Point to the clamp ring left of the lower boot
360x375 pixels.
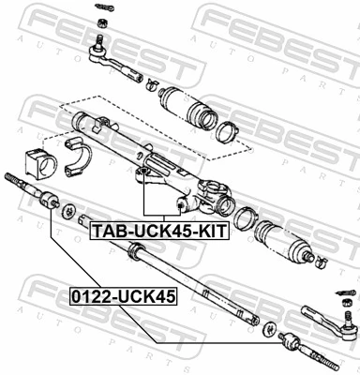pos(247,219)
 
